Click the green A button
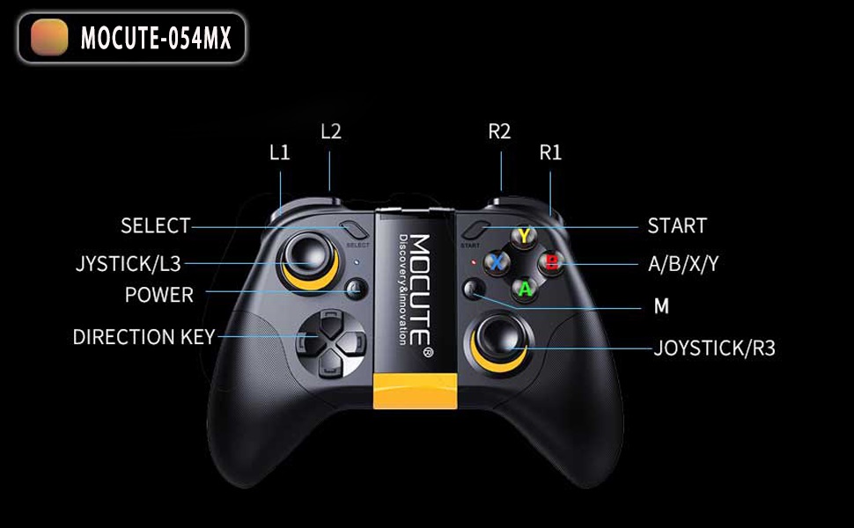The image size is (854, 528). coord(525,287)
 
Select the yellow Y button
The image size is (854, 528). coord(525,236)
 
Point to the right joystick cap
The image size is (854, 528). coord(497,339)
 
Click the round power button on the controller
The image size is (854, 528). coord(357,288)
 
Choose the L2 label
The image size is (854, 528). coord(331,132)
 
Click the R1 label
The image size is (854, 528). coord(550,152)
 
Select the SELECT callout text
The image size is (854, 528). coord(155,226)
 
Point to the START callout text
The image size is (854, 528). coord(677,226)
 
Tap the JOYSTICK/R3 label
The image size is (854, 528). coord(714,348)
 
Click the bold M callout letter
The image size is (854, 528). coord(661,306)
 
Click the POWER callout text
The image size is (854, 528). coord(159,295)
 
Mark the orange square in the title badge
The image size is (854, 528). coord(49,38)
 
